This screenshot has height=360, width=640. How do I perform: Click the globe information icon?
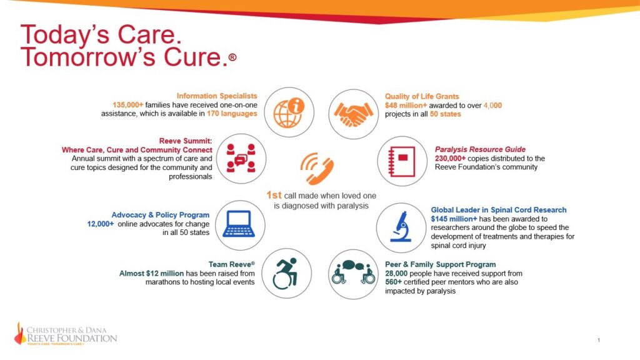[289, 112]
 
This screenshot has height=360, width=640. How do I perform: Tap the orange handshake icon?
[353, 112]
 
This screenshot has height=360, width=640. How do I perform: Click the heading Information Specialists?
[217, 96]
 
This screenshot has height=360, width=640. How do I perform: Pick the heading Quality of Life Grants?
[422, 96]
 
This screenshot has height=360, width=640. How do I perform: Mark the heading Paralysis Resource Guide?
[480, 149]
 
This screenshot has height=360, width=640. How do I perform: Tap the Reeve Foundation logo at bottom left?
[66, 334]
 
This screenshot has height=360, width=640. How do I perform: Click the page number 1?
[599, 340]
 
